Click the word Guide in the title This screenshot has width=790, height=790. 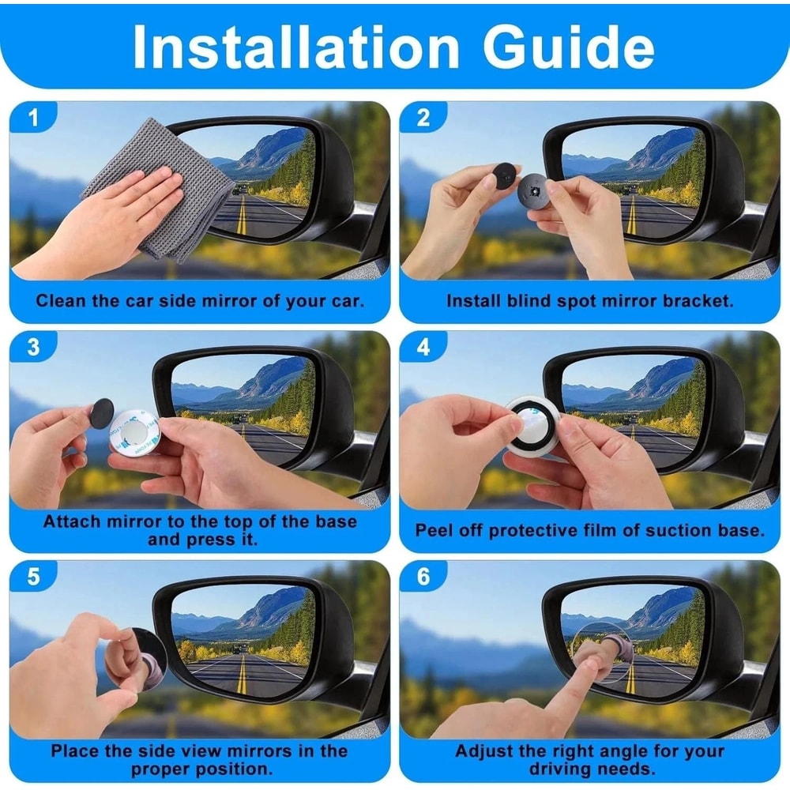tap(569, 47)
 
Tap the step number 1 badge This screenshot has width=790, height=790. tap(32, 118)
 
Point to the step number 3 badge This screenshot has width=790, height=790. tap(32, 348)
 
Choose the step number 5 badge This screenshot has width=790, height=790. tap(32, 577)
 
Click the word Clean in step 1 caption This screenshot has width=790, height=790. tap(60, 301)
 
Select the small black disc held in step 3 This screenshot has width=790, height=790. tap(102, 413)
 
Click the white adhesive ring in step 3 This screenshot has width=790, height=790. tap(135, 434)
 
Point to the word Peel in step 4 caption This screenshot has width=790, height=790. tap(434, 530)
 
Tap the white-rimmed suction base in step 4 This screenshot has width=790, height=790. tap(532, 425)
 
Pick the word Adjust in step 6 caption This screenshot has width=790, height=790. tap(483, 751)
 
